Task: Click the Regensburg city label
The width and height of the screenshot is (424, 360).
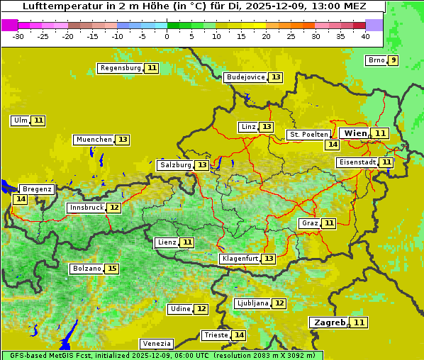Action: [121, 68]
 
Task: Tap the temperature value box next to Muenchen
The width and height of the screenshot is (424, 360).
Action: [123, 140]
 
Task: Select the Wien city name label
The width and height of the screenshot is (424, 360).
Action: [355, 133]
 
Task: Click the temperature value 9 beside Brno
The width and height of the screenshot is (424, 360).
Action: [393, 60]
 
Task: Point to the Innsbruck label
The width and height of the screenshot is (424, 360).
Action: [86, 208]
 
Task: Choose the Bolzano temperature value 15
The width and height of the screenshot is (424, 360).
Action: [112, 269]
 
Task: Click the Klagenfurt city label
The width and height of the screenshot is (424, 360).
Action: [239, 259]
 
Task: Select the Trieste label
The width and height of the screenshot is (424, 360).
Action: [216, 335]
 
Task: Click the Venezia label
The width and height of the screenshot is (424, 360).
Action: [157, 344]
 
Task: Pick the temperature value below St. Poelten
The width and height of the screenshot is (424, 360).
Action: [332, 145]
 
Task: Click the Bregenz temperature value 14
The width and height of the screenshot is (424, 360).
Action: [20, 199]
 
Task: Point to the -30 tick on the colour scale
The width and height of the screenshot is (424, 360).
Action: [18, 36]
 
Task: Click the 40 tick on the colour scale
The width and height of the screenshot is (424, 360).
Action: [365, 36]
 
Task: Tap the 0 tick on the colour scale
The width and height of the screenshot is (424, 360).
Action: [167, 36]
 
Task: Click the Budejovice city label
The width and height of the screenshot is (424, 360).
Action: [245, 77]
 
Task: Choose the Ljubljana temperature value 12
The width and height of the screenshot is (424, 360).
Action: [279, 303]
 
